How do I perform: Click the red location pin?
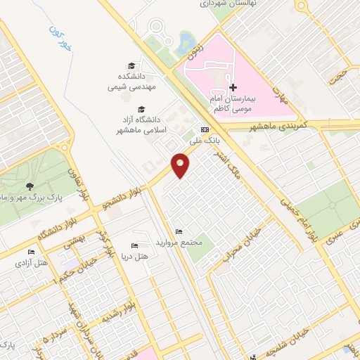181,165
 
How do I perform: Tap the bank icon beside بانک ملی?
205,130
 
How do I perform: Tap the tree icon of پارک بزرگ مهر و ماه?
29,186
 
